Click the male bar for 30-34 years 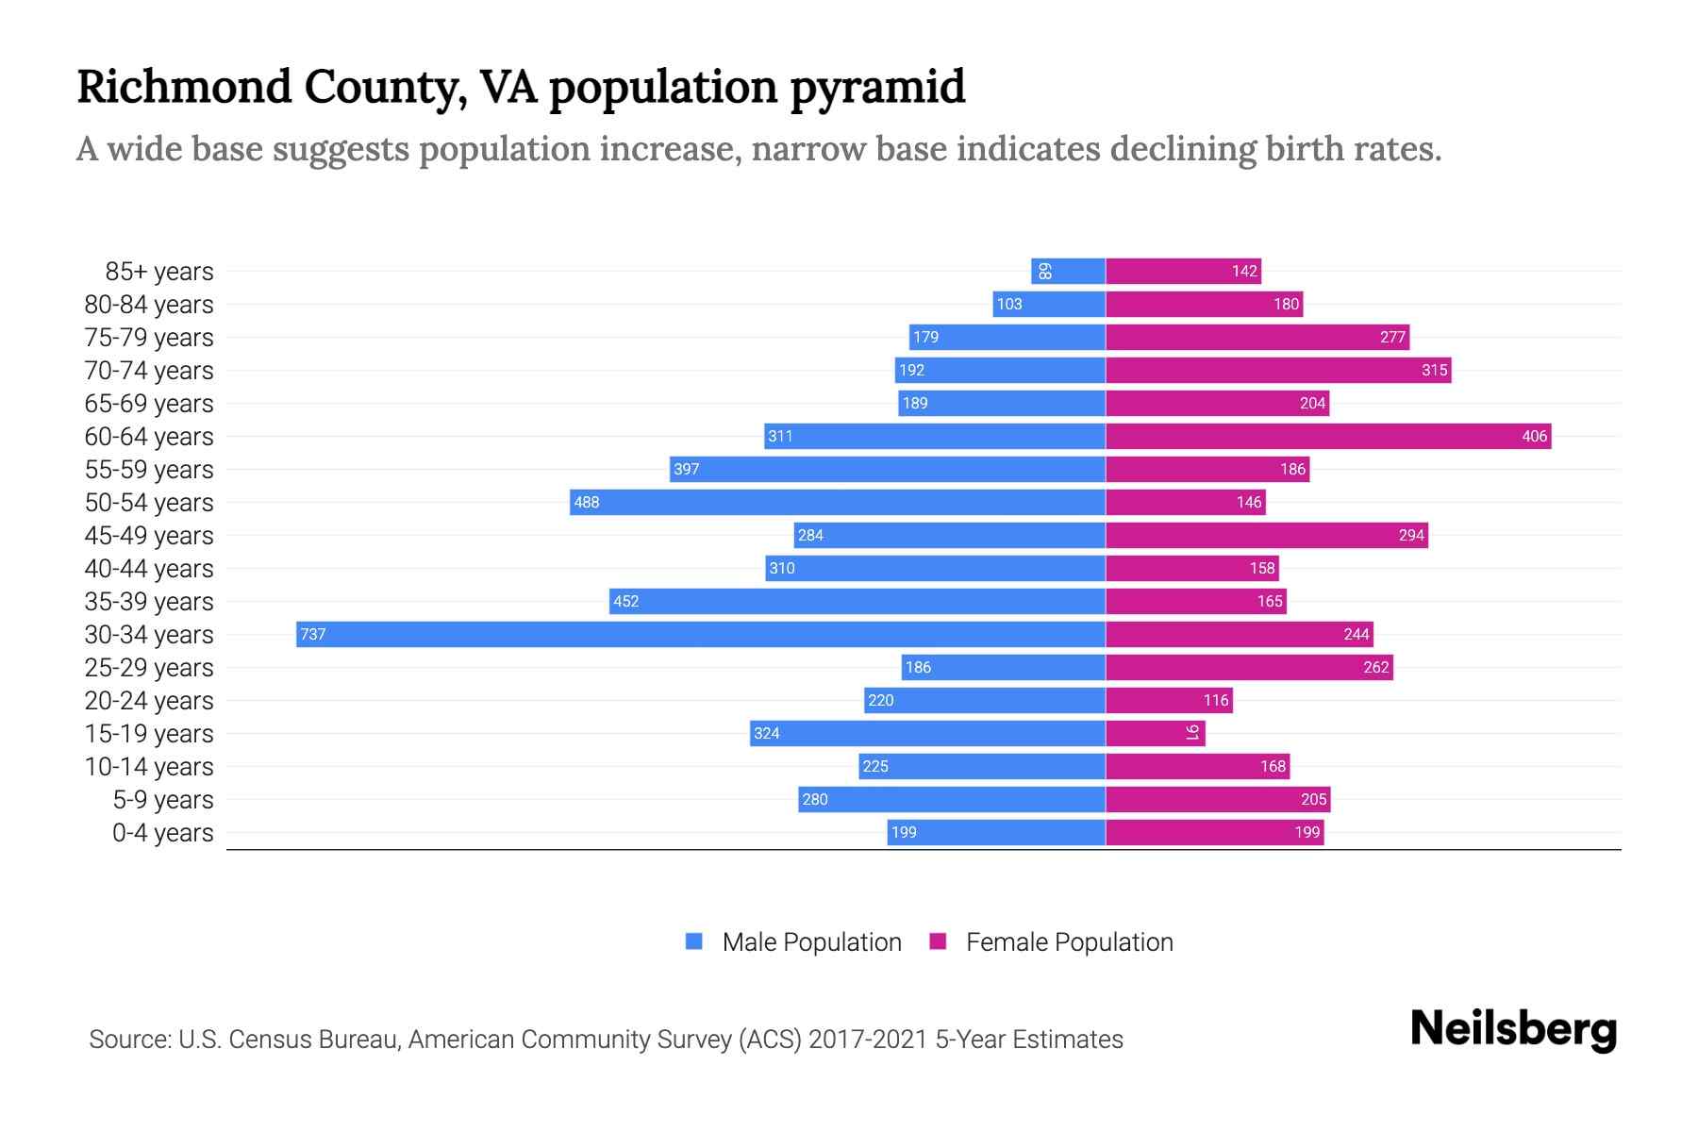pyautogui.click(x=700, y=634)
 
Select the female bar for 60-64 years pyautogui.click(x=1328, y=436)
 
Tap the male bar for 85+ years pyautogui.click(x=1068, y=271)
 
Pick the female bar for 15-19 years pyautogui.click(x=1155, y=733)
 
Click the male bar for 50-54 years pyautogui.click(x=838, y=502)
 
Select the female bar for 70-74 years pyautogui.click(x=1278, y=370)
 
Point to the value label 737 pyautogui.click(x=312, y=634)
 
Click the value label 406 pyautogui.click(x=1534, y=436)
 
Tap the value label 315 pyautogui.click(x=1434, y=370)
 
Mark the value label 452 pyautogui.click(x=625, y=601)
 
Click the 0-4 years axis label pyautogui.click(x=162, y=832)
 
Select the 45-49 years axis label pyautogui.click(x=149, y=535)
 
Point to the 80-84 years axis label pyautogui.click(x=149, y=304)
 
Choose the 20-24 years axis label pyautogui.click(x=149, y=700)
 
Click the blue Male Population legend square pyautogui.click(x=694, y=941)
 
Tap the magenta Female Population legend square pyautogui.click(x=938, y=941)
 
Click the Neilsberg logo pyautogui.click(x=1513, y=1028)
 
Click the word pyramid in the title pyautogui.click(x=877, y=87)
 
